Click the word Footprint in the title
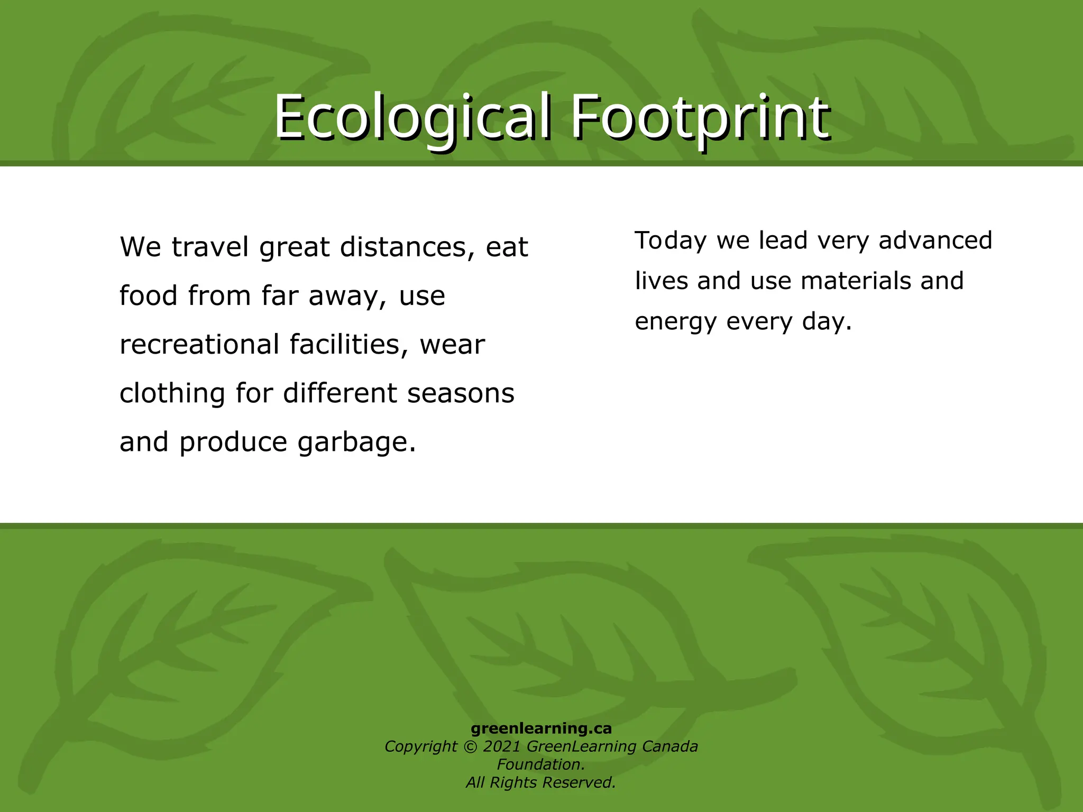[x=699, y=117]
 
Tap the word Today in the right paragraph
[x=671, y=241]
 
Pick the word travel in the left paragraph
[x=210, y=247]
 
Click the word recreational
[x=199, y=345]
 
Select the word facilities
[x=349, y=345]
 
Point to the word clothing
[x=172, y=394]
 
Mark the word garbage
[x=356, y=443]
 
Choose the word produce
[x=233, y=443]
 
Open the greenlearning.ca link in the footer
[x=541, y=728]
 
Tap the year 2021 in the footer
[x=501, y=746]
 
